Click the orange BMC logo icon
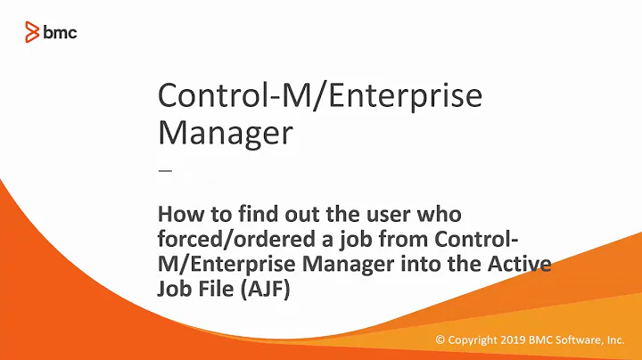click(31, 33)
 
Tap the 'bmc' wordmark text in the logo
click(60, 33)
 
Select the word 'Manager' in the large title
click(225, 133)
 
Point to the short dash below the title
click(163, 170)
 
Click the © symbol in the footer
click(440, 340)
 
